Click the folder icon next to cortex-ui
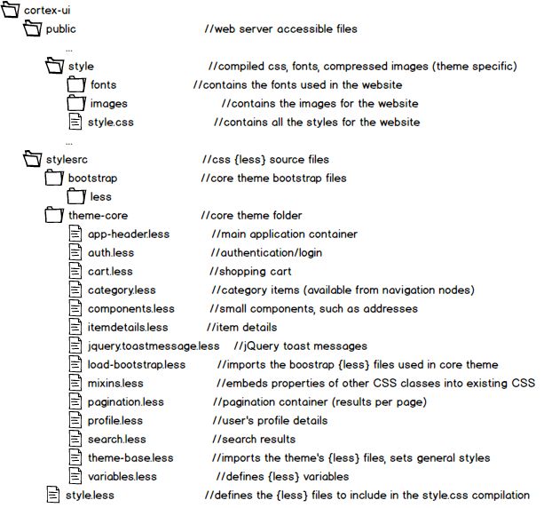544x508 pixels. click(12, 10)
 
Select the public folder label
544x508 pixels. click(60, 28)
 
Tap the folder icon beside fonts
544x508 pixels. click(76, 84)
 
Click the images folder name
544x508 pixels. click(108, 103)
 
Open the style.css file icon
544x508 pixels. click(76, 122)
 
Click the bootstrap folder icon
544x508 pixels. click(54, 179)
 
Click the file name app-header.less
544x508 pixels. click(129, 234)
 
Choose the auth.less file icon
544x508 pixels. click(76, 253)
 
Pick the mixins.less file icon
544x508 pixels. click(76, 384)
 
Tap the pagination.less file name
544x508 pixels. click(125, 402)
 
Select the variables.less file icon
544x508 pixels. click(76, 477)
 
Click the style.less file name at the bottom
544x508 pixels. click(90, 496)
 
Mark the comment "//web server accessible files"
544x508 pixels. click(280, 28)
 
